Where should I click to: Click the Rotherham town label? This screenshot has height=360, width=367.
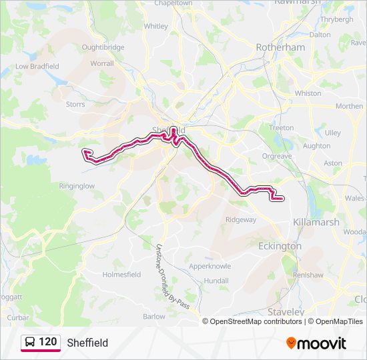click(x=281, y=47)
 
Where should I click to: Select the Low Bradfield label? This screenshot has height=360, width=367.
click(x=37, y=66)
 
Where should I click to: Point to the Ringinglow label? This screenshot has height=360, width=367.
click(x=77, y=186)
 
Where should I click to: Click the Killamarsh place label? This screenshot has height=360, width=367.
click(x=315, y=222)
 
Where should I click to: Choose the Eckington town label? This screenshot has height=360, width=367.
click(x=280, y=246)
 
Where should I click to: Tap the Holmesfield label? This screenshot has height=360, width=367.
click(x=121, y=274)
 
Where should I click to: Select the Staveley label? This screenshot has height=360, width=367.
click(x=286, y=311)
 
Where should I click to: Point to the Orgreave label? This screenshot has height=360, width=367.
click(x=277, y=156)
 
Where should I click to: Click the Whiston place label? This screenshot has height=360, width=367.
click(x=308, y=93)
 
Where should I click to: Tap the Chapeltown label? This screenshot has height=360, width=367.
click(x=173, y=3)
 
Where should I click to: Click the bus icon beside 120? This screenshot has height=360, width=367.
click(x=30, y=342)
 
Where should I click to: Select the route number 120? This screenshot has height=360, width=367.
click(x=47, y=342)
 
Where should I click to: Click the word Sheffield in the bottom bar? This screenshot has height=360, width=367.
click(x=87, y=343)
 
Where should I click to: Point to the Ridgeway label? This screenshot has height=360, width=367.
click(x=241, y=219)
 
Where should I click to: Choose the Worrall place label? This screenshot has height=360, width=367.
click(x=102, y=63)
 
